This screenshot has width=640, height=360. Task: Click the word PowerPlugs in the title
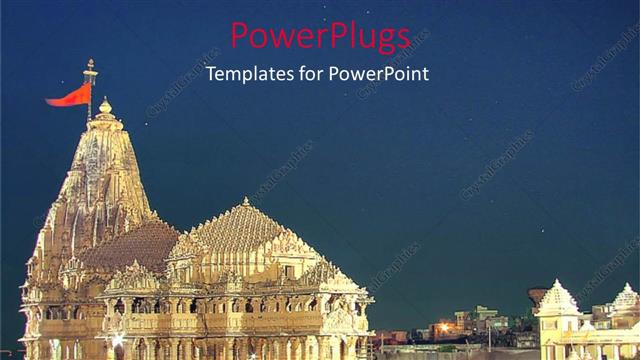coord(320,36)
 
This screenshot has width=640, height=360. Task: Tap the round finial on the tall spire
coord(105,106)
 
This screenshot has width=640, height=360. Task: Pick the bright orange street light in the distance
coord(444,327)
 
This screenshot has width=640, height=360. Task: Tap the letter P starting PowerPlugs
coord(241,36)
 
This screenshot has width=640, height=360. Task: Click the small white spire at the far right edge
coord(626,296)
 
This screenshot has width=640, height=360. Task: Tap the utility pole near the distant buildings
coord(490,335)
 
